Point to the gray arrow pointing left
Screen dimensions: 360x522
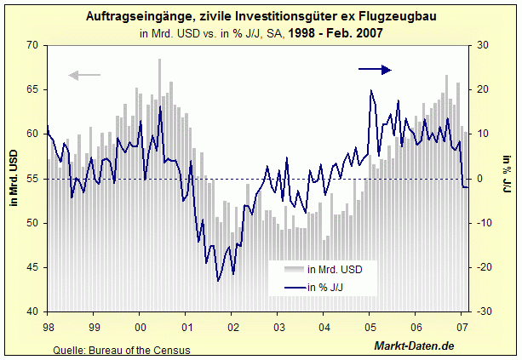pos(84,76)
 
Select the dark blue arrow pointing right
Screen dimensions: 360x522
pos(375,70)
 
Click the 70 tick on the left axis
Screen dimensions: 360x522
pos(34,45)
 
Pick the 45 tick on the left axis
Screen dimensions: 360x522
pos(34,267)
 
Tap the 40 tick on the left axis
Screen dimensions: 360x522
pos(34,311)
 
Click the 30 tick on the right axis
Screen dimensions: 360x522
pos(481,45)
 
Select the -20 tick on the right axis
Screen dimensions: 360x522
pos(481,267)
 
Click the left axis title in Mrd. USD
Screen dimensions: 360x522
pos(13,179)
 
